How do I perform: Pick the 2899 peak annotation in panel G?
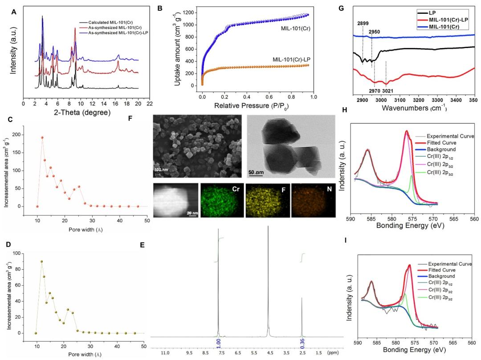coord(363,23)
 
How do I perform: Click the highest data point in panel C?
coord(42,138)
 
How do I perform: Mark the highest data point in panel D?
coord(41,262)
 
